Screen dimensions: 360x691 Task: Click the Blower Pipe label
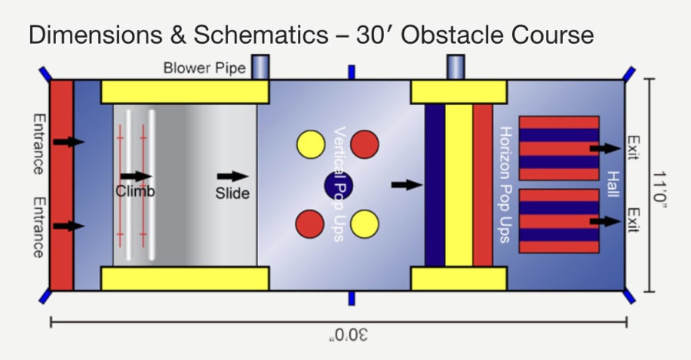(x=204, y=68)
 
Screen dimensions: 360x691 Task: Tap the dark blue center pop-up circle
(x=337, y=185)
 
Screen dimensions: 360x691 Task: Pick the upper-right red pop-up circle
(x=365, y=144)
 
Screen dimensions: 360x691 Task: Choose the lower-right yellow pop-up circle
(x=365, y=223)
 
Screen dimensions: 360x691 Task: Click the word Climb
(x=135, y=191)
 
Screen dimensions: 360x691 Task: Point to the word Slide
(x=233, y=193)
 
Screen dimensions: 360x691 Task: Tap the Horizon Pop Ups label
(x=504, y=184)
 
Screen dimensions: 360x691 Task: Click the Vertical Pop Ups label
(x=339, y=184)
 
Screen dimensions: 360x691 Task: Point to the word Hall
(x=612, y=185)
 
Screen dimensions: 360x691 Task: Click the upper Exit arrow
(x=604, y=148)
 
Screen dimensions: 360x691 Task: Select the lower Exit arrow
(x=604, y=221)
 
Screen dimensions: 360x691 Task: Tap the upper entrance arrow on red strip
(x=69, y=141)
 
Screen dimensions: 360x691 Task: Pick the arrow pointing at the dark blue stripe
(x=407, y=184)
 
